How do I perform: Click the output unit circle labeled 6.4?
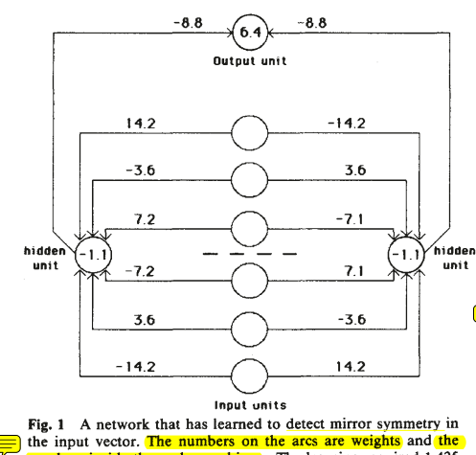point(251,33)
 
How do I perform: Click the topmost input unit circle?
point(251,136)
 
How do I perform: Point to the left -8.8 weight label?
point(187,19)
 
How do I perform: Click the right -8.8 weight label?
point(314,19)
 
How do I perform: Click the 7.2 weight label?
point(144,219)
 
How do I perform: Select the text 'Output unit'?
point(251,60)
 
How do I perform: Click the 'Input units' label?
point(251,405)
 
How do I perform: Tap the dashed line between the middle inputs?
point(251,255)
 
